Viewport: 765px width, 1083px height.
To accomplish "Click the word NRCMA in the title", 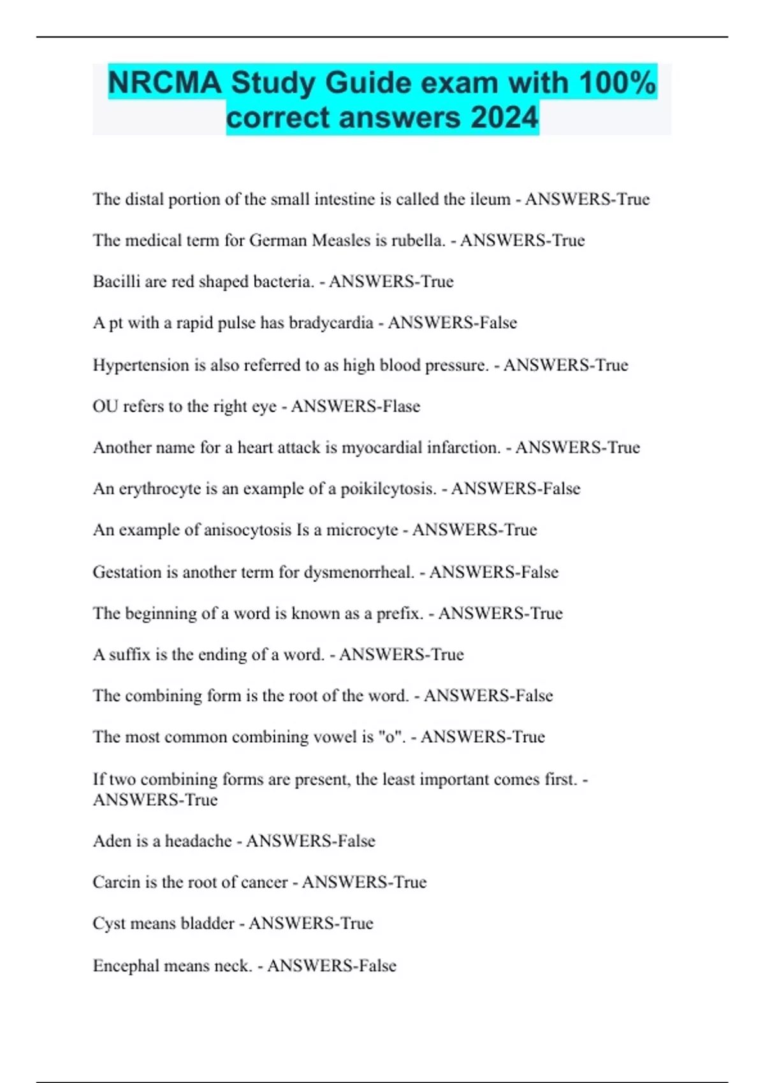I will coord(164,83).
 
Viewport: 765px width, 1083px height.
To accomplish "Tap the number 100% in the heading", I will coord(617,83).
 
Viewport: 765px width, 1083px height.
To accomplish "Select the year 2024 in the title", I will coord(504,118).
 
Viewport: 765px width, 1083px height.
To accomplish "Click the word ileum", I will coord(490,199).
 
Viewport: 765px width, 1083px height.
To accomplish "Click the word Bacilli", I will coord(116,282).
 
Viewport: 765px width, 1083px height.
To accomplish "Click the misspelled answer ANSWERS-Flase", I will coord(356,406).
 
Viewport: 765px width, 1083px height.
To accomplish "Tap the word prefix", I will coord(400,613).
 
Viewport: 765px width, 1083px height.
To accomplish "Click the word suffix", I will coord(129,654).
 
